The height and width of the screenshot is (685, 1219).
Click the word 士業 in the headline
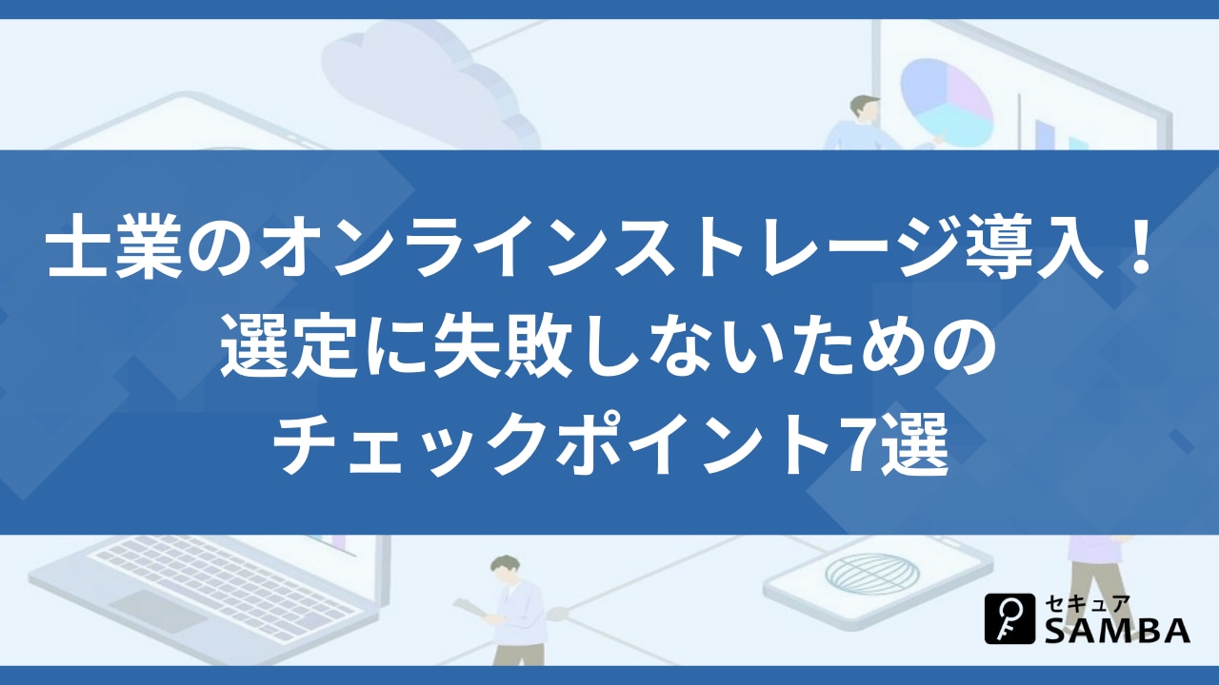[113, 245]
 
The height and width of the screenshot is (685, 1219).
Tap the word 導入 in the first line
[1036, 245]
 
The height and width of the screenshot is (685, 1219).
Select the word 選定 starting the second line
[288, 345]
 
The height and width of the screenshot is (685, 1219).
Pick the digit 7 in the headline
[860, 444]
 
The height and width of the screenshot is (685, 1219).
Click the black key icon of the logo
[1010, 618]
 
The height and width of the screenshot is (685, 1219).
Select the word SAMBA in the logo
[1118, 630]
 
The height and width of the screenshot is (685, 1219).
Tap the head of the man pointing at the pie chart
[865, 108]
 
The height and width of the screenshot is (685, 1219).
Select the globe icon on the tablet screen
[871, 574]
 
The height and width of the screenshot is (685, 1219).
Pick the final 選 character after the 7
[915, 444]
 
